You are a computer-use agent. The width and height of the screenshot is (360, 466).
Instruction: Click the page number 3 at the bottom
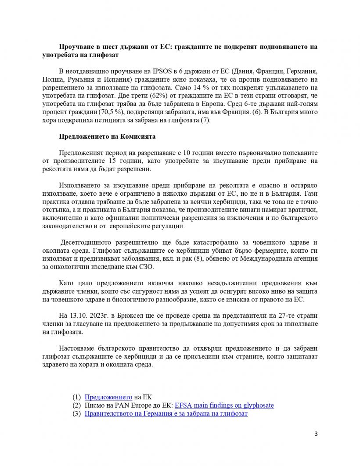(x=316, y=434)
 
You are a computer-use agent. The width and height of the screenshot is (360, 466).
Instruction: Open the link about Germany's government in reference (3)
(x=166, y=413)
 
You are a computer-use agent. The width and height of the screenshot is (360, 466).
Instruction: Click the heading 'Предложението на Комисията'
(x=107, y=136)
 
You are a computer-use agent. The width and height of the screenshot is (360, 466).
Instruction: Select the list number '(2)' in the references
(x=77, y=405)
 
